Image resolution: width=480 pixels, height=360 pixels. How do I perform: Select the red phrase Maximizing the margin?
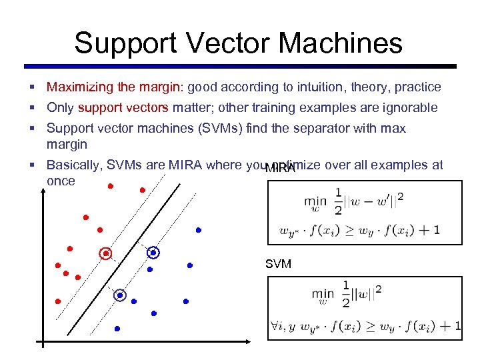point(115,87)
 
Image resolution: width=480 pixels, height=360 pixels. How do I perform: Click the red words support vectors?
point(123,107)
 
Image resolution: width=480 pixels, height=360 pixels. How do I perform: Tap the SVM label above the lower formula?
point(278,264)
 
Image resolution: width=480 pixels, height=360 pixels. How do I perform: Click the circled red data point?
point(105,253)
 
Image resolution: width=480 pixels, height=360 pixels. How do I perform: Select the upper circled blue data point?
point(153,253)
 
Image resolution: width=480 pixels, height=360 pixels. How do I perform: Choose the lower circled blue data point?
point(120,295)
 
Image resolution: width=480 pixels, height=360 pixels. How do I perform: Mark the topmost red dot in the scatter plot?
point(111,185)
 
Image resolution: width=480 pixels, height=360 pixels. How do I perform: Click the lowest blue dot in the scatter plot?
point(117,329)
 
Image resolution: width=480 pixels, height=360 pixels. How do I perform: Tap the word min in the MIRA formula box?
point(315,200)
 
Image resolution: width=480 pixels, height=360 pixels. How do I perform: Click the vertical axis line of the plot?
point(42,280)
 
